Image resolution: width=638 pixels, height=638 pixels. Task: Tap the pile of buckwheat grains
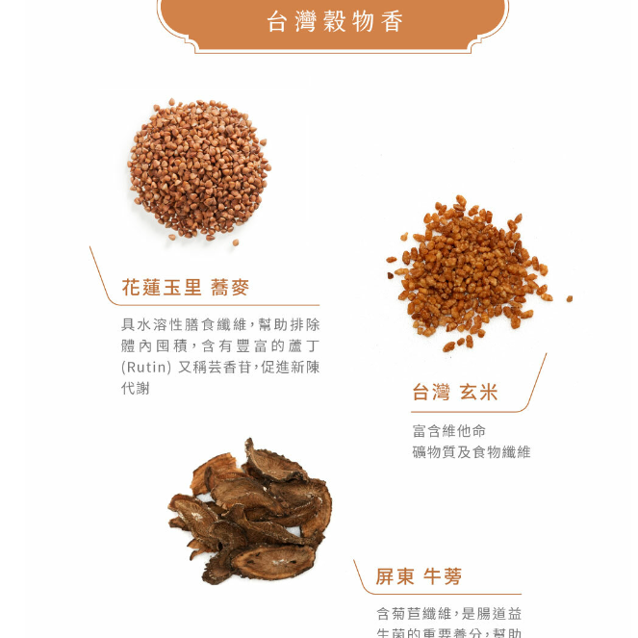(x=198, y=167)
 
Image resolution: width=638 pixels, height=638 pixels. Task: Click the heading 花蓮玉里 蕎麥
(x=185, y=287)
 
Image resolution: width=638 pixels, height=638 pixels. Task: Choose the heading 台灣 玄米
(x=455, y=392)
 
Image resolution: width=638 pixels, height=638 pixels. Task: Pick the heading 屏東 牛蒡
(x=419, y=576)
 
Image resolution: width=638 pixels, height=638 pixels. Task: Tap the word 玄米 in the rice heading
(x=479, y=392)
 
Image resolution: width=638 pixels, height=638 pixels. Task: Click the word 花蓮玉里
(x=162, y=287)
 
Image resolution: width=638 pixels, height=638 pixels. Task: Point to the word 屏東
(x=396, y=576)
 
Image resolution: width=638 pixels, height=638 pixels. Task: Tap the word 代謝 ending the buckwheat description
(x=136, y=388)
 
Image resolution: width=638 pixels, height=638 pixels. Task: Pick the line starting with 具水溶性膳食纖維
(x=220, y=324)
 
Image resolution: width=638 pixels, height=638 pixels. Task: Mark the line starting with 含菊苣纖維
(x=449, y=613)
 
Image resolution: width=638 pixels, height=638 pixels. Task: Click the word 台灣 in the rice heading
(x=431, y=392)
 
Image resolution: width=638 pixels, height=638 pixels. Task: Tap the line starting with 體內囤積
(x=220, y=345)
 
